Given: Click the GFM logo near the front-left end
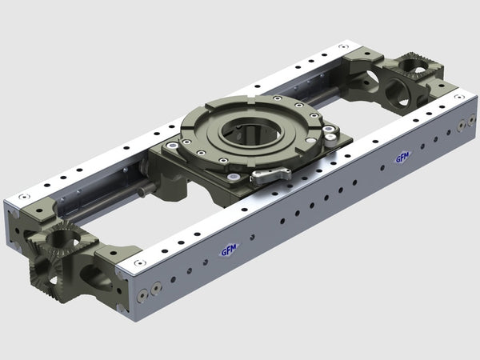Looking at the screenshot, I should click(x=230, y=250).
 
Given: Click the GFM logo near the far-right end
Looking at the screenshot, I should click(x=402, y=158).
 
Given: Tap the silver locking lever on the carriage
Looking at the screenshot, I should click(x=266, y=175).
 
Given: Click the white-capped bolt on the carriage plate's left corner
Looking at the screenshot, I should click(x=170, y=146).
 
